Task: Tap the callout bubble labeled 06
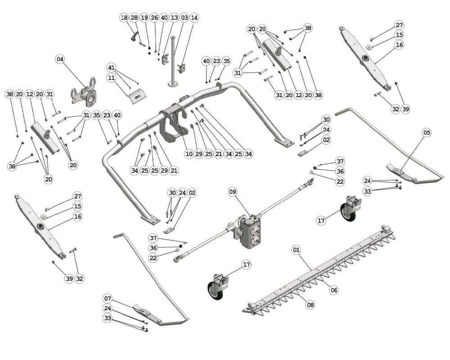(333, 290)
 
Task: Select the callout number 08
(310, 305)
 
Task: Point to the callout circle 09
(232, 192)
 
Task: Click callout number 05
(427, 132)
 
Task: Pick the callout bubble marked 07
(108, 298)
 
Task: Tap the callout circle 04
(60, 59)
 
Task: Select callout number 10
(189, 154)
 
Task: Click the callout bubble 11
(111, 77)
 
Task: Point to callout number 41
(111, 67)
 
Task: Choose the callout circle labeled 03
(184, 18)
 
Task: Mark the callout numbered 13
(174, 18)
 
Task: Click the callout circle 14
(194, 18)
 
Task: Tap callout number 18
(124, 18)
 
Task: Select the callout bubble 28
(134, 18)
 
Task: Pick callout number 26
(154, 18)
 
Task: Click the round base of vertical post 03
(173, 84)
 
